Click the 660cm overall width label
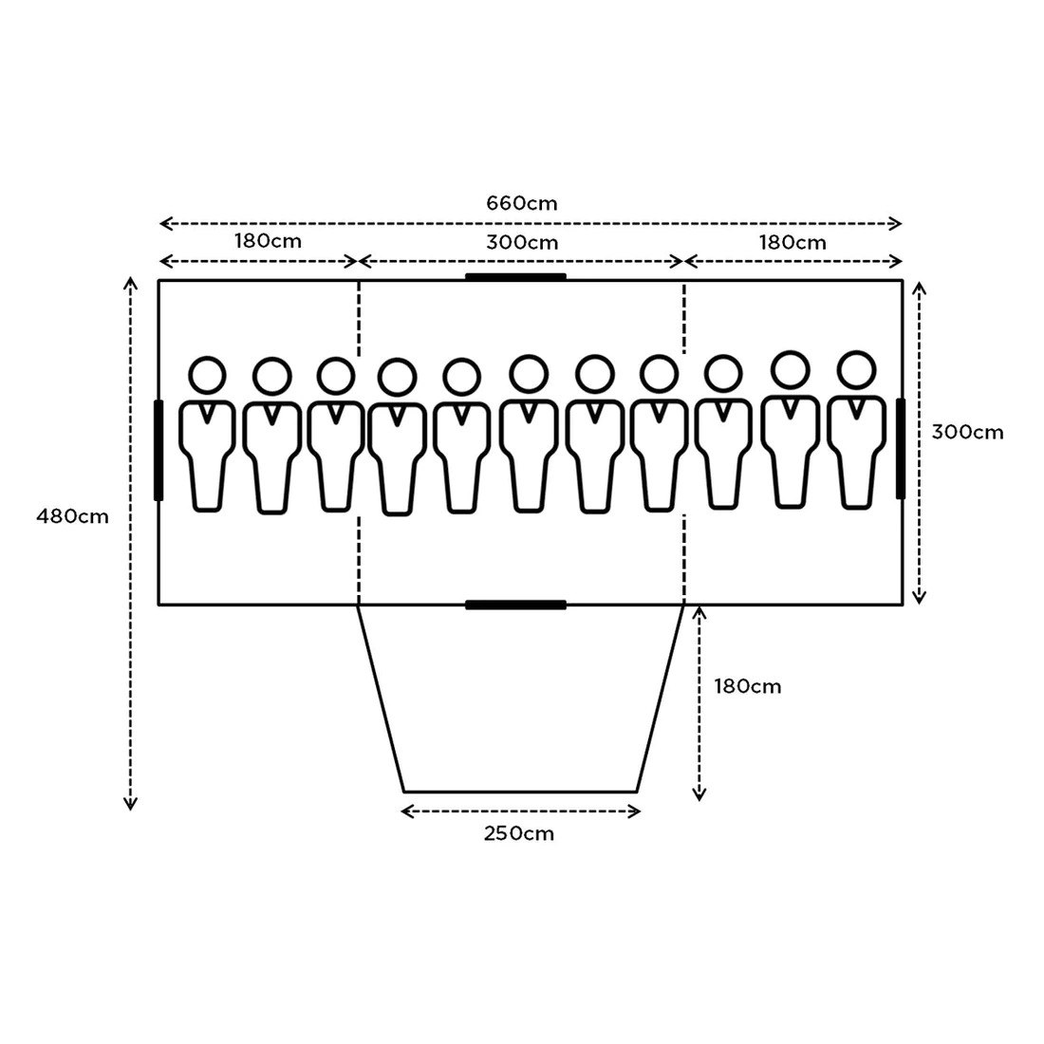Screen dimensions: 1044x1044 coord(521,203)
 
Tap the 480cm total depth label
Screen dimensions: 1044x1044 coord(72,517)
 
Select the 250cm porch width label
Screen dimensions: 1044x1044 coord(518,834)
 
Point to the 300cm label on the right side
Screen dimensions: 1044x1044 coord(966,432)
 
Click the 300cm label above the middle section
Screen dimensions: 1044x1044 coord(522,242)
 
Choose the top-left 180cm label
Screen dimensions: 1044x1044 coord(268,241)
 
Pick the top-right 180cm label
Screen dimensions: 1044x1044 coord(792,242)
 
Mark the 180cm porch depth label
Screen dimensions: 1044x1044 coord(749,686)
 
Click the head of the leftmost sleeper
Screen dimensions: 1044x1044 coord(207,374)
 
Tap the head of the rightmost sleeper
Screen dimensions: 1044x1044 coord(856,369)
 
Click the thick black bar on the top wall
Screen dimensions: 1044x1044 coord(515,277)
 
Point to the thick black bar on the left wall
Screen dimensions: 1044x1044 coord(158,450)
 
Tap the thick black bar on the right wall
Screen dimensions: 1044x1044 coord(901,448)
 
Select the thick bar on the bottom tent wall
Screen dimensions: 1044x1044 coord(515,605)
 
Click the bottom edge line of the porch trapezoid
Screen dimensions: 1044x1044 coord(520,791)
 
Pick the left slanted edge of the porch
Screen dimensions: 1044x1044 coord(381,698)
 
